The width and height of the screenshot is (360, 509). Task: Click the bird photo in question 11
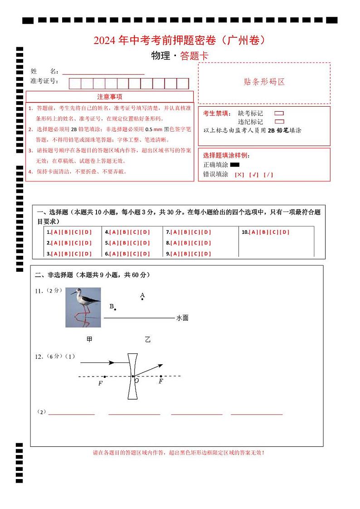coord(83,307)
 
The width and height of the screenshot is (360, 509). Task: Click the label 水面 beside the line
coord(182,318)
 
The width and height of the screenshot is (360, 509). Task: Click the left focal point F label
coord(100,384)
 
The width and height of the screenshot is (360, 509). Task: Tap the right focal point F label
coord(161,382)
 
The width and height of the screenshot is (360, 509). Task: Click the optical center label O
coord(136,381)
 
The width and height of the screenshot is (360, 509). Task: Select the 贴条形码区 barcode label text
coord(264,82)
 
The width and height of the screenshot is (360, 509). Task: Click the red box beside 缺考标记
coord(279,113)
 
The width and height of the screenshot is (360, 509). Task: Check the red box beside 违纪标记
coord(279,122)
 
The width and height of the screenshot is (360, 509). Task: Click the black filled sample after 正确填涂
coord(234,165)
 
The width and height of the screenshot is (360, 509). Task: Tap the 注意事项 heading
coord(109,97)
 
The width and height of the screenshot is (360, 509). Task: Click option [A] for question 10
coord(254,232)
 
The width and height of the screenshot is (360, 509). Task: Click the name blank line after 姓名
coord(103,73)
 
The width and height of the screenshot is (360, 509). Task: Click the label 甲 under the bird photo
coord(89,339)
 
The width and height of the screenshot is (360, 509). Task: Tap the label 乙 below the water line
coord(148,339)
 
